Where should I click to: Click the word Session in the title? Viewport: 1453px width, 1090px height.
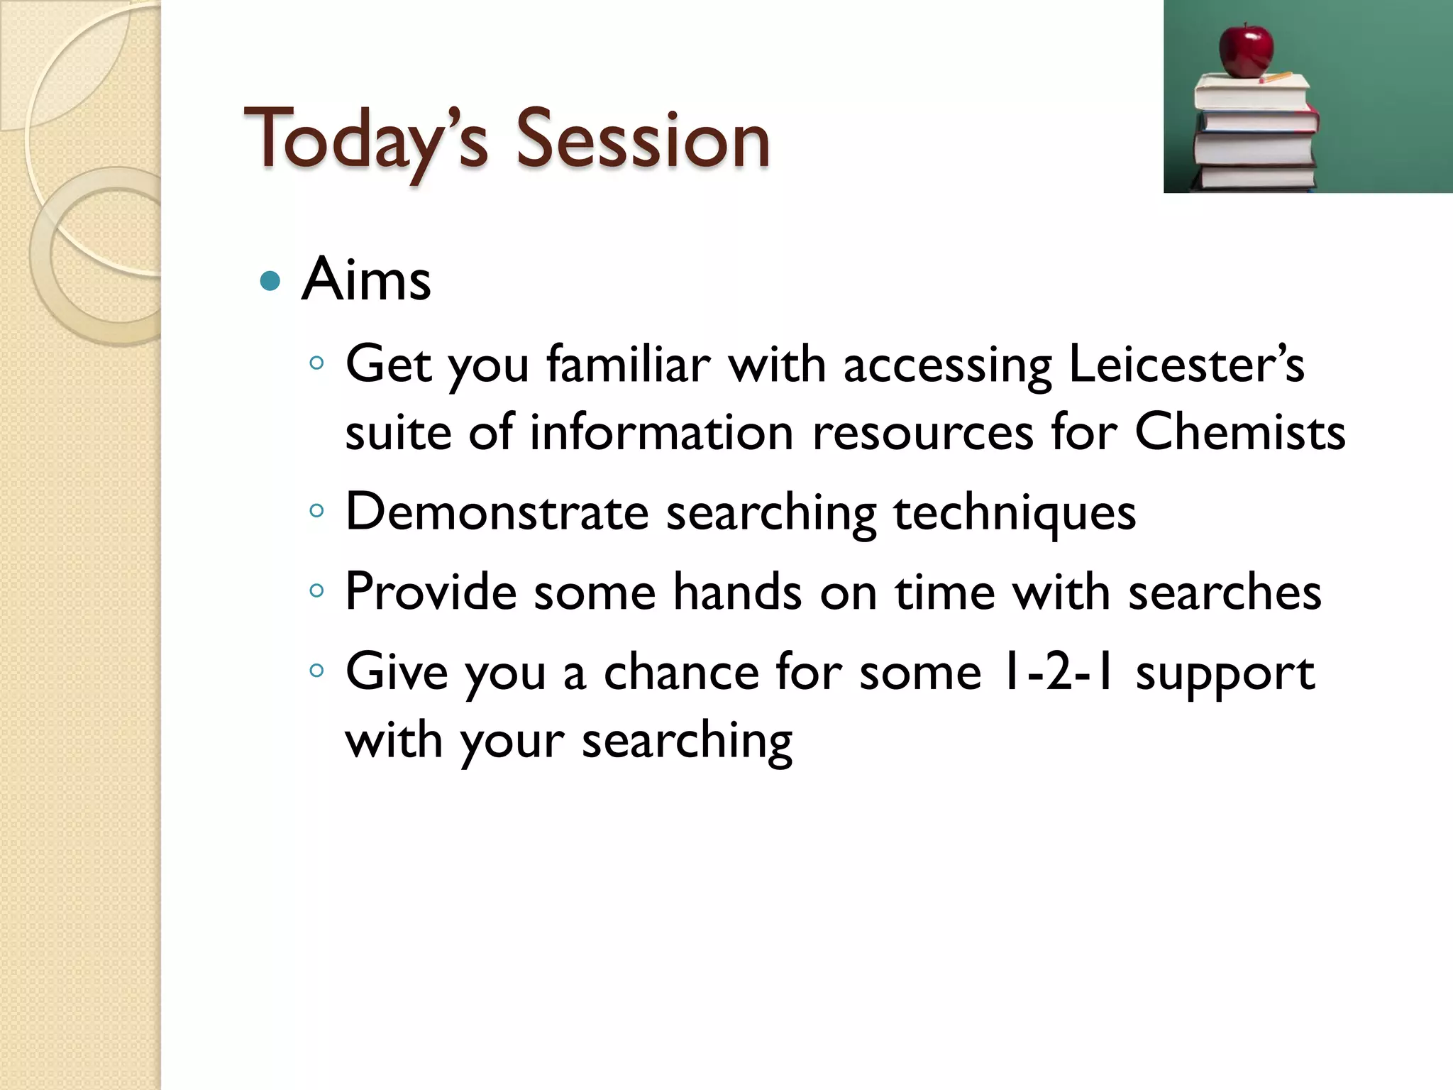642,139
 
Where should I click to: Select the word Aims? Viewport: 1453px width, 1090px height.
366,280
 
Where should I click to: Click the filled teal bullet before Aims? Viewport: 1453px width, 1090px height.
270,282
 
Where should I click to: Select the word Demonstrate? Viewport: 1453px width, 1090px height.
497,512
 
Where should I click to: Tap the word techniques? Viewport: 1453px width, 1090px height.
1015,513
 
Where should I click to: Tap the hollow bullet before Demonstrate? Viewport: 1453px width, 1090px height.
316,510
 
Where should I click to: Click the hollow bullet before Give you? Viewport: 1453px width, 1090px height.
316,670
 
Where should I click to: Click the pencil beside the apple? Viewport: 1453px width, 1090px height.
1277,77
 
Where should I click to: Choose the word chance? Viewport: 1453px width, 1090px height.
681,671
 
